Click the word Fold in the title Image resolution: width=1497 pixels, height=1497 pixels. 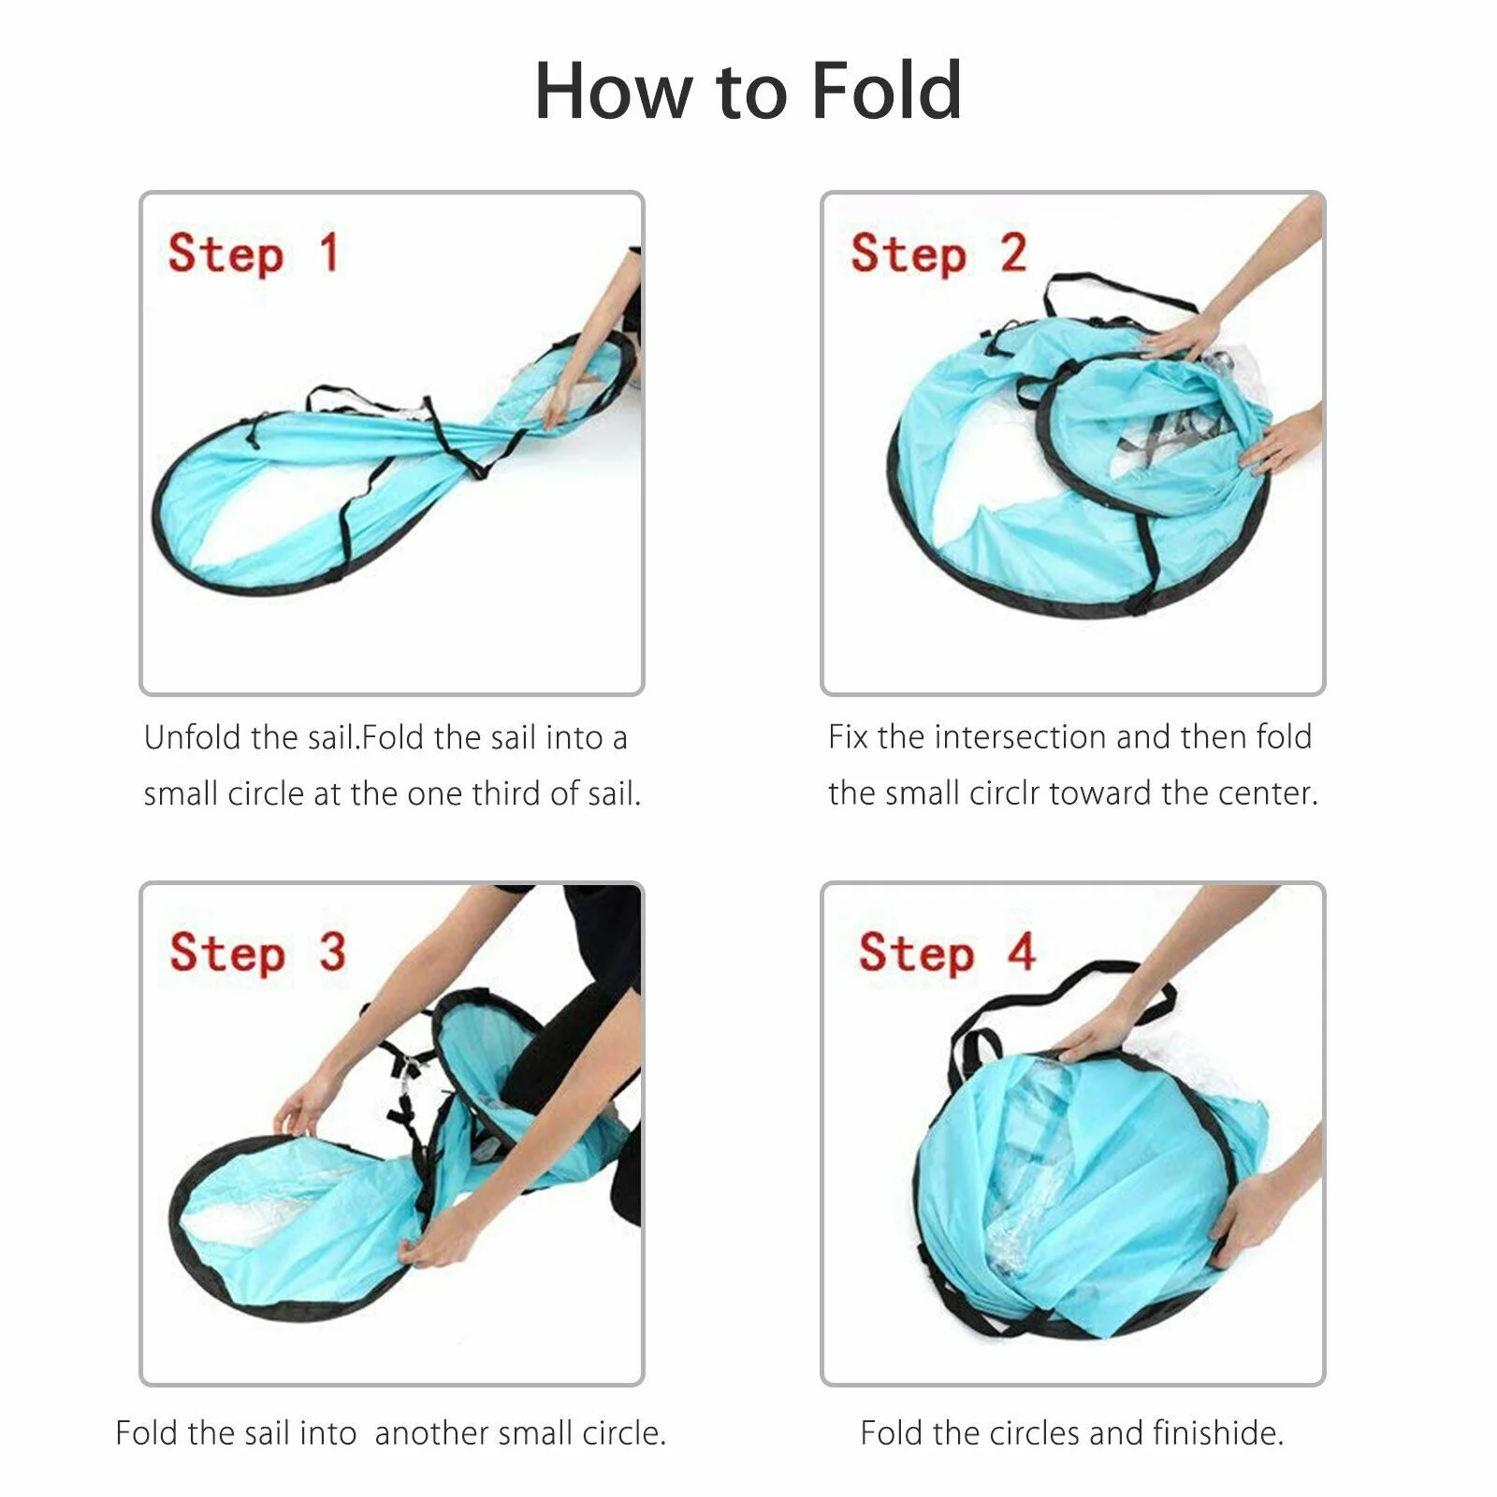[x=885, y=91]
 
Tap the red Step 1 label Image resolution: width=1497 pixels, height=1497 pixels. [x=253, y=254]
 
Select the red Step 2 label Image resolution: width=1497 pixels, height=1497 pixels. [x=938, y=254]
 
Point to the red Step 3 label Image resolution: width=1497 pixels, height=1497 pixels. [x=257, y=952]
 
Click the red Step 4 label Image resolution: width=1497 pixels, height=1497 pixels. [x=947, y=952]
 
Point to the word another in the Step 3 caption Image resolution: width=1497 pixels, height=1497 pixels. [x=430, y=1433]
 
